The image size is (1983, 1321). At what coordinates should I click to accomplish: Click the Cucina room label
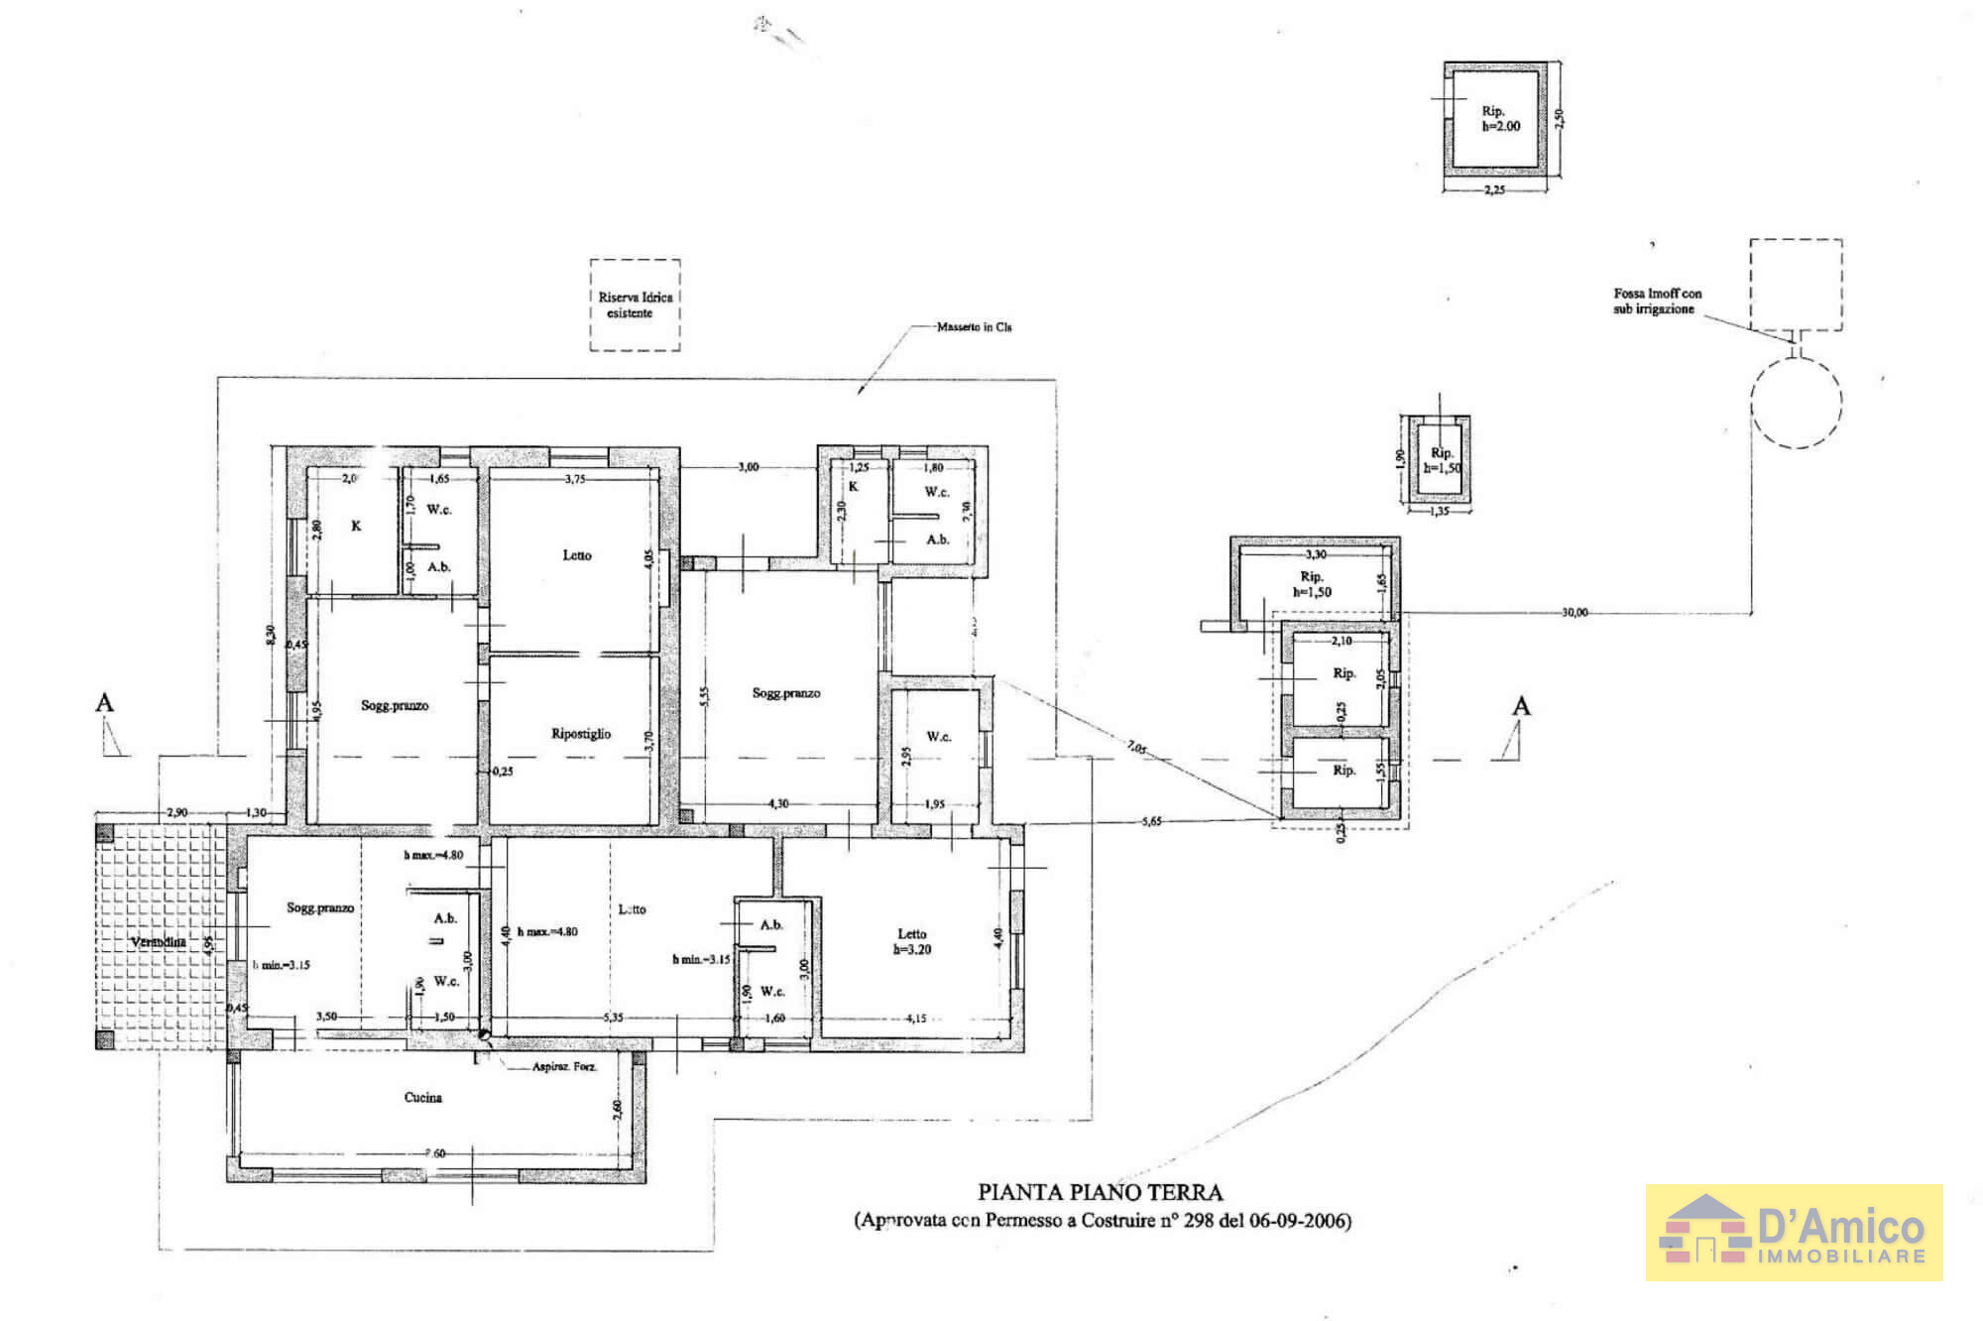[422, 1097]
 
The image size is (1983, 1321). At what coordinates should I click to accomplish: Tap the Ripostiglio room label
[581, 734]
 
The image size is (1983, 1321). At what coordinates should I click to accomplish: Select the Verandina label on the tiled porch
[159, 942]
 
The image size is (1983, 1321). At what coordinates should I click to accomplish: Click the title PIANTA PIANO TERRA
[1100, 1192]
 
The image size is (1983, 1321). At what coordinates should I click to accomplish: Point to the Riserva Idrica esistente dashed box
[635, 304]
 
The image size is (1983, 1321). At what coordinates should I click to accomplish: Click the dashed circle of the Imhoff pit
[1796, 403]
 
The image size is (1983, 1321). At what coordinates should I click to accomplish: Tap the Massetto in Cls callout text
[974, 326]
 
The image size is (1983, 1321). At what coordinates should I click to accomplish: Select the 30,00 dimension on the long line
[1575, 612]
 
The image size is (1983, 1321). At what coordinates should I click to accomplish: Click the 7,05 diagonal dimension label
[1136, 747]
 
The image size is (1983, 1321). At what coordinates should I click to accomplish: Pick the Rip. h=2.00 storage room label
[1500, 119]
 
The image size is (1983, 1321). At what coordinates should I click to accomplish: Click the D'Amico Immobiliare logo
[1794, 1232]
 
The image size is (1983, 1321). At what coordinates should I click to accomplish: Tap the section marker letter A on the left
[104, 703]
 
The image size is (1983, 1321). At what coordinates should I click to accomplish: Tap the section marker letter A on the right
[1521, 706]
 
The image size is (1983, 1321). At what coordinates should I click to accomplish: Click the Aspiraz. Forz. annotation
[564, 1067]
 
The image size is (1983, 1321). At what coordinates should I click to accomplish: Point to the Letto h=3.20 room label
[912, 941]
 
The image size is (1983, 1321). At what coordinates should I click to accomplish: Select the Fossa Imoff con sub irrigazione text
[1657, 300]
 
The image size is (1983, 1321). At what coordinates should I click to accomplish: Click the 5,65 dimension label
[1151, 821]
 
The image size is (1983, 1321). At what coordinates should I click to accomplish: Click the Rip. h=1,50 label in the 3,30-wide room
[1312, 584]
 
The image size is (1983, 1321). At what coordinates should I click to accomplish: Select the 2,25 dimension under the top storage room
[1494, 189]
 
